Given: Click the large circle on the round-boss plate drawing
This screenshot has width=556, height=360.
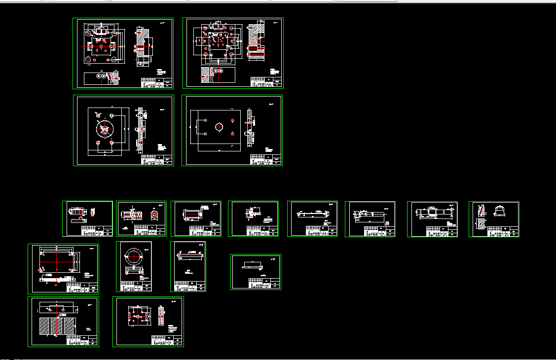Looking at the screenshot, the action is pos(104,129).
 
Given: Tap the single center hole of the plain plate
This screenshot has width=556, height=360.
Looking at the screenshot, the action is pos(218,127).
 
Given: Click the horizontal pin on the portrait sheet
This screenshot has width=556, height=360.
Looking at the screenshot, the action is pos(190,255).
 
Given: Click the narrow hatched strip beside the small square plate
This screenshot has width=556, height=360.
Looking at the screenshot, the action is pos(161,316).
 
